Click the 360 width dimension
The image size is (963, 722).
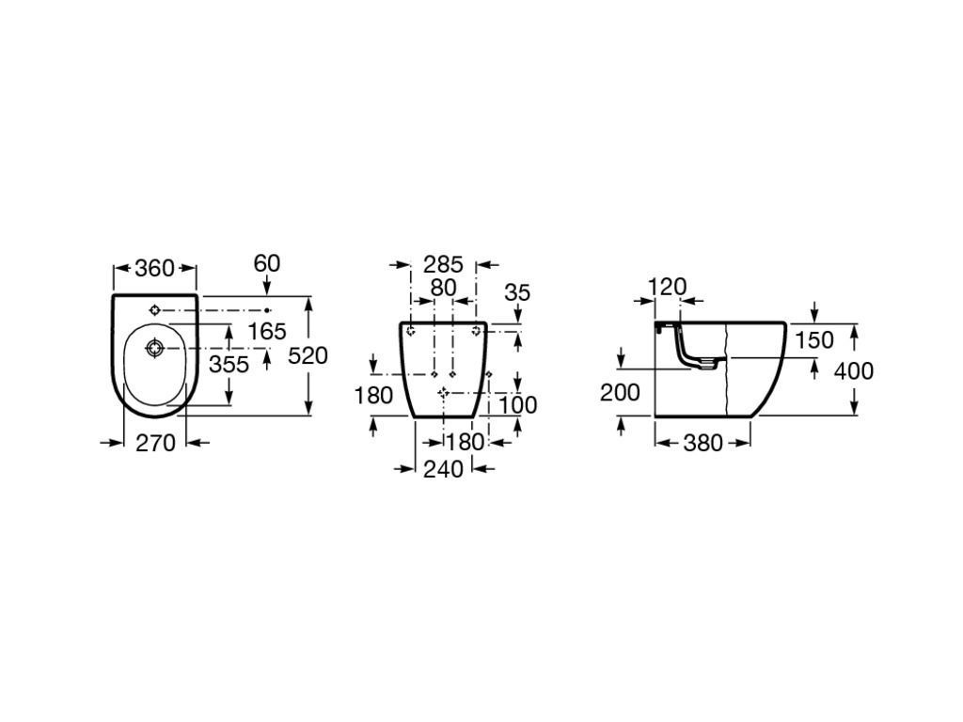pyautogui.click(x=155, y=268)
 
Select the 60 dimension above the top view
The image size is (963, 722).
pyautogui.click(x=266, y=263)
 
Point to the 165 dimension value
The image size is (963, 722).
pyautogui.click(x=267, y=332)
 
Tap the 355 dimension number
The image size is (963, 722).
pyautogui.click(x=229, y=364)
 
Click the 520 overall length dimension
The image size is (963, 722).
pyautogui.click(x=308, y=355)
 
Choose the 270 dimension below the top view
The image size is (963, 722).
pyautogui.click(x=155, y=443)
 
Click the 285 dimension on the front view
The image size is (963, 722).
pyautogui.click(x=443, y=264)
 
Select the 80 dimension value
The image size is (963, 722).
pyautogui.click(x=444, y=288)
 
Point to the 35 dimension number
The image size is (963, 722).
pyautogui.click(x=517, y=293)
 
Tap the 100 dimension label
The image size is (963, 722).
pyautogui.click(x=517, y=404)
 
